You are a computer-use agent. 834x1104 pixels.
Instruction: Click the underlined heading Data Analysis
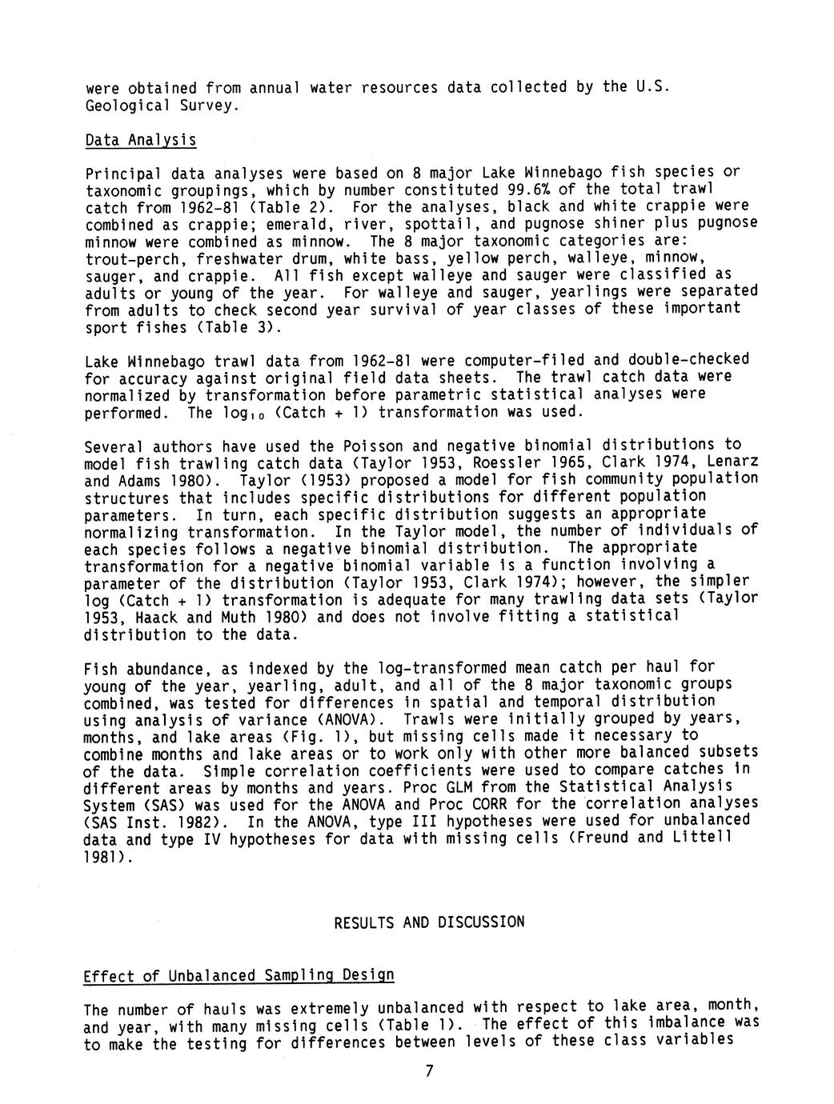(x=140, y=140)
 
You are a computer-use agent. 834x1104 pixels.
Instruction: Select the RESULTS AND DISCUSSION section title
(x=429, y=922)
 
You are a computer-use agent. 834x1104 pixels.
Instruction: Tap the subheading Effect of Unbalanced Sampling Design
(x=239, y=976)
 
